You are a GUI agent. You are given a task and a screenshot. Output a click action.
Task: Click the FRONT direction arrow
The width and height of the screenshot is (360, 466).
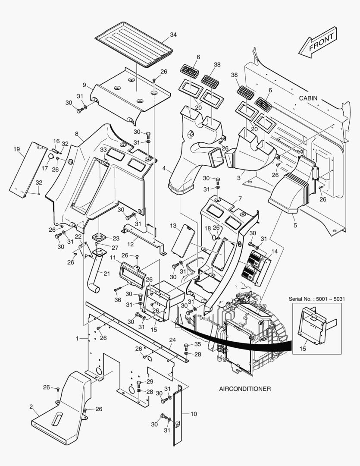coord(319,42)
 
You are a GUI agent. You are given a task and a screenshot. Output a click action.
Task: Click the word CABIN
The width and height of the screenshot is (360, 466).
coord(308,98)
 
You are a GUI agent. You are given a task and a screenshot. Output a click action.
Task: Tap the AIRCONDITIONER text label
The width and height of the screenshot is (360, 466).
coord(245,389)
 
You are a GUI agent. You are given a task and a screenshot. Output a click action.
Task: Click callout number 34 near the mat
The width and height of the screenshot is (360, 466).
coord(173,35)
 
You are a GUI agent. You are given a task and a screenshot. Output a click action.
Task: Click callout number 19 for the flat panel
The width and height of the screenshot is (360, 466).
coord(16,149)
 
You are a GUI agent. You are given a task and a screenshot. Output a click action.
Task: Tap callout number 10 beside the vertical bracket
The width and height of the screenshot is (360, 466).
coord(194,414)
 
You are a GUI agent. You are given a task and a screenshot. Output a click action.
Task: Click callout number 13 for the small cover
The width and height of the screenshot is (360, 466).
coord(173,226)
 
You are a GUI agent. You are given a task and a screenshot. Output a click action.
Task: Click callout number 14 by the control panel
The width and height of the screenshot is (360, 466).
coord(275,251)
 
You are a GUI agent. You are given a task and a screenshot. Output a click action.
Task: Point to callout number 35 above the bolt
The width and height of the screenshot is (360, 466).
coord(197,344)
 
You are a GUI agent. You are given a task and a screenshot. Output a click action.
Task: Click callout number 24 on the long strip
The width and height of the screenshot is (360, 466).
coord(172,340)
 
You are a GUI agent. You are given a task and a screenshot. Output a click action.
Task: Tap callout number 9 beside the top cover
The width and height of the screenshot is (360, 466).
coord(85,85)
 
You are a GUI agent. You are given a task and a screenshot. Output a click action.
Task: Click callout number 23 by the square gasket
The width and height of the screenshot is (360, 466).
coord(116,239)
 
